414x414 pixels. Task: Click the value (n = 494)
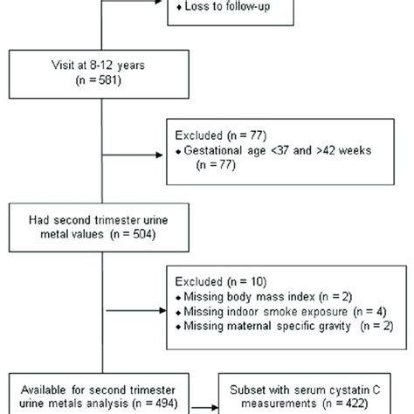166,404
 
